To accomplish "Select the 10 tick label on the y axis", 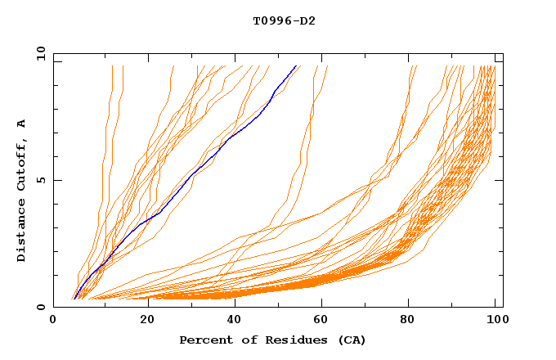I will pos(38,53).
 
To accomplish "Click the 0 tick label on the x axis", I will pos(53,320).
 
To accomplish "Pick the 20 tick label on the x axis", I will pos(148,320).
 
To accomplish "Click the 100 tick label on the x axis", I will pos(496,320).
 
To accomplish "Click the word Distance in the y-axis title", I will pos(21,228).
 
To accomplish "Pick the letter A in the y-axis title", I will pos(21,123).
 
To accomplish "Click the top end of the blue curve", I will pos(296,65).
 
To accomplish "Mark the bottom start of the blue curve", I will pos(74,299).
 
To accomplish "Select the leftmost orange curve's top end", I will pos(112,65).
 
